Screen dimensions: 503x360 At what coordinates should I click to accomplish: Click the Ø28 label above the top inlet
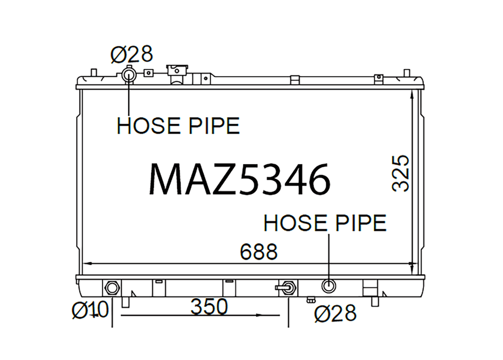[x=132, y=55]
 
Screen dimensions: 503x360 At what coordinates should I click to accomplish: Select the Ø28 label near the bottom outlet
[x=335, y=313]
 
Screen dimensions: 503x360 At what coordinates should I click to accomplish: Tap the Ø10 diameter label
[x=90, y=310]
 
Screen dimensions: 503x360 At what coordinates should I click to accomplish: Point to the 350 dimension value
[x=209, y=307]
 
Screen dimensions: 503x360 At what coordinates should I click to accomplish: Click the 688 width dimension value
[x=258, y=251]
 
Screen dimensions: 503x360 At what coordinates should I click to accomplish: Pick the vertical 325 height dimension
[x=401, y=173]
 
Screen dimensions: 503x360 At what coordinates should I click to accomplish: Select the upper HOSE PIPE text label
[x=178, y=125]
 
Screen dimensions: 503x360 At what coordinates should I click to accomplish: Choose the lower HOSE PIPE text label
[x=325, y=223]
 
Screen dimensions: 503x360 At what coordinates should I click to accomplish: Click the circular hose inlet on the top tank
[x=128, y=76]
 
